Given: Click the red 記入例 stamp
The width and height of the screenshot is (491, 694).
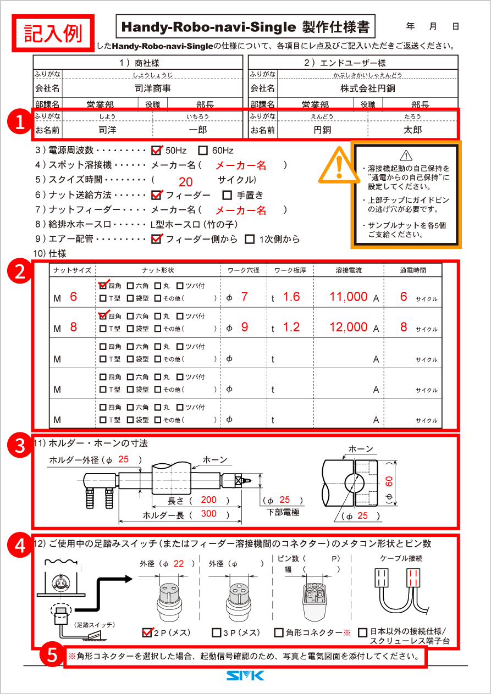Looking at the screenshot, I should [53, 32].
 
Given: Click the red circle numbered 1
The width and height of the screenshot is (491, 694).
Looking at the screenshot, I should [20, 123].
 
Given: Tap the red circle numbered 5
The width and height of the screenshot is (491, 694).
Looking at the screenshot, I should [51, 655].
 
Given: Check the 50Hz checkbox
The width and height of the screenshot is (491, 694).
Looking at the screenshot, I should [156, 150].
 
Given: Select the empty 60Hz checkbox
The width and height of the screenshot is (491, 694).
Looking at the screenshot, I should [202, 150].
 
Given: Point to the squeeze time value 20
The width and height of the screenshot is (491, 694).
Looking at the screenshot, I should [185, 182].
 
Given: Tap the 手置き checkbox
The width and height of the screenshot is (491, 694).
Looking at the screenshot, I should [227, 195].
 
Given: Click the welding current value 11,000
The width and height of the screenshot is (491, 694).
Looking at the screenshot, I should [348, 297].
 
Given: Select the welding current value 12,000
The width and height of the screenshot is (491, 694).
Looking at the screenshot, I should [348, 327].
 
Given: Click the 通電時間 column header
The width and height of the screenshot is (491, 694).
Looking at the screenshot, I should [412, 270].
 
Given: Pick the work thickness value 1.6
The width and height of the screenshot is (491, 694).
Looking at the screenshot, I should [291, 297].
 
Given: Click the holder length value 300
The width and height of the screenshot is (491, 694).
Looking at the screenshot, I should [208, 514].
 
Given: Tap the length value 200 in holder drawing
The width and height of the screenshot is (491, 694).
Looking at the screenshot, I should [208, 500].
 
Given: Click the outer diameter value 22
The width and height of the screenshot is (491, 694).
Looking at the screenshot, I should [179, 563].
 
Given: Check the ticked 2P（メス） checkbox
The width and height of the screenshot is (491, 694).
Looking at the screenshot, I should [147, 632].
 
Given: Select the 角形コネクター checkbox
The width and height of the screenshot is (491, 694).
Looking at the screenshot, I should [279, 633].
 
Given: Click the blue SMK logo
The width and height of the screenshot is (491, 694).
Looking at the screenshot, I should [245, 675].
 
